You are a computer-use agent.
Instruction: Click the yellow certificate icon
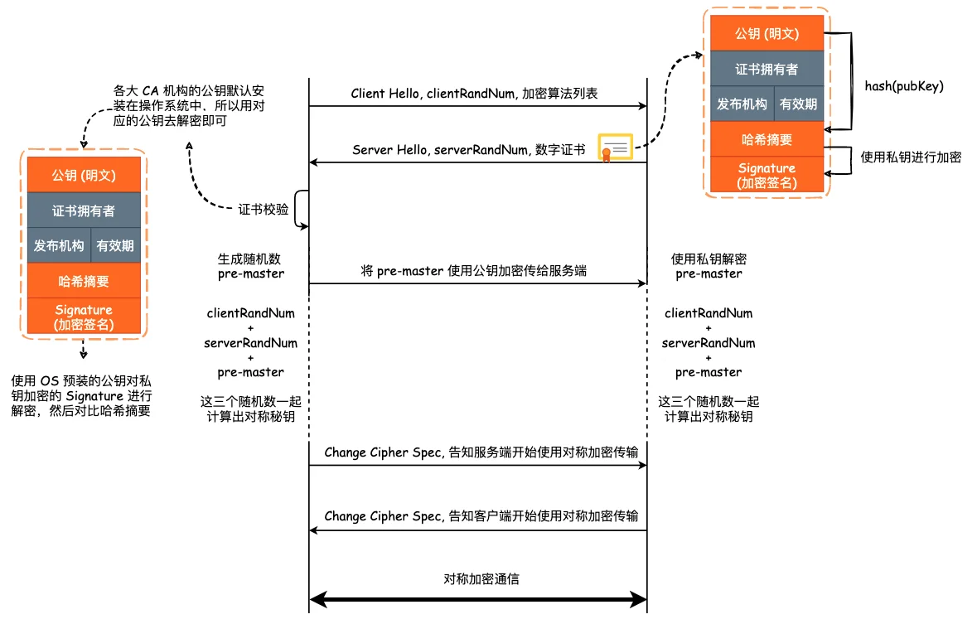(616, 148)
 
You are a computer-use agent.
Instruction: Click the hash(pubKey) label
(904, 86)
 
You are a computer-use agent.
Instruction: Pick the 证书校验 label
(263, 210)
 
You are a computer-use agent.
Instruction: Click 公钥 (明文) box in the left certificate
(84, 175)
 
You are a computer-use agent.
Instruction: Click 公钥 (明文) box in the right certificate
(767, 34)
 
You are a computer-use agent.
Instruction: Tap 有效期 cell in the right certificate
(798, 104)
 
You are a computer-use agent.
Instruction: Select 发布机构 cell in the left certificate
(59, 245)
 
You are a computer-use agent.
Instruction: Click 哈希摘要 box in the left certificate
(84, 281)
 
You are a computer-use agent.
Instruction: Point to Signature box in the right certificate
(767, 175)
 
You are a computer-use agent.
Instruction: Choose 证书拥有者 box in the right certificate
(767, 69)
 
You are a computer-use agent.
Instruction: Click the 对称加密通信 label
(481, 579)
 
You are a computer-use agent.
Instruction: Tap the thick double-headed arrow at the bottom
(478, 600)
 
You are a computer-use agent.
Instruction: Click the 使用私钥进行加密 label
(911, 157)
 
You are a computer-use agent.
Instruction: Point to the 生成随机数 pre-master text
(250, 266)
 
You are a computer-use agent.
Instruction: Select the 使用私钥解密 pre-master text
(709, 266)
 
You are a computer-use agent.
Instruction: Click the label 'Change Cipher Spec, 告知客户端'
(481, 516)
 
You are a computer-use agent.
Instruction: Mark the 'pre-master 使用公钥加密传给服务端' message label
(473, 270)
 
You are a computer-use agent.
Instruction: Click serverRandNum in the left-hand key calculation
(250, 343)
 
